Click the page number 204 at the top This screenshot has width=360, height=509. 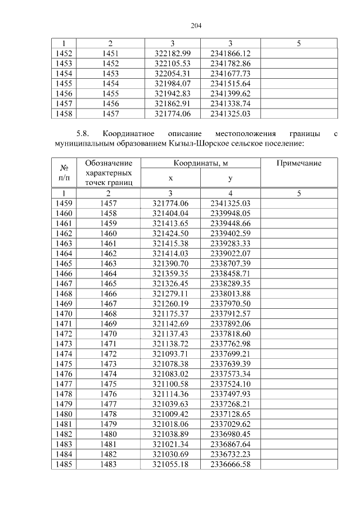tap(196, 26)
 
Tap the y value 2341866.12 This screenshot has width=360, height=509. tap(230, 53)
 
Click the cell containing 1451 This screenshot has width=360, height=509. tap(110, 53)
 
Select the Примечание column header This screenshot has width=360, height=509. tap(299, 163)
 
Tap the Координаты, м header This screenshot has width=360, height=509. tap(200, 163)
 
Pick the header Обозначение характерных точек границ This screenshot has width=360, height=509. tap(110, 172)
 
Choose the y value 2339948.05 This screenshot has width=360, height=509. tap(230, 213)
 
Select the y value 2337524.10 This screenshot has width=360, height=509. tap(230, 384)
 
